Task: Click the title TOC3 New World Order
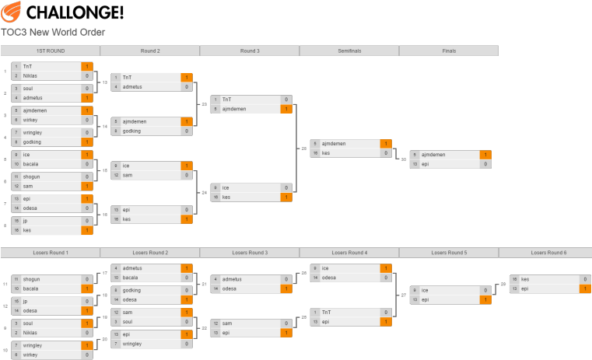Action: [x=53, y=33]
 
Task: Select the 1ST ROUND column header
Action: [x=50, y=51]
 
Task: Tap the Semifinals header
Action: [x=349, y=51]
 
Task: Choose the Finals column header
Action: [x=448, y=51]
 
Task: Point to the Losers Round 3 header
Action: [x=249, y=253]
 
